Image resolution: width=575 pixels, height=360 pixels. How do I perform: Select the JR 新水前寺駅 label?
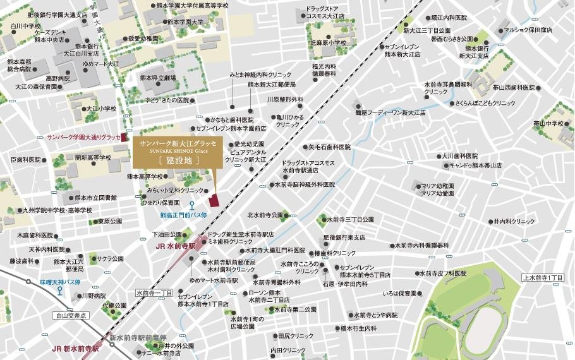click(75, 349)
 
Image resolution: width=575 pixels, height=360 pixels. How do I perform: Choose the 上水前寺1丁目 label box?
click(542, 278)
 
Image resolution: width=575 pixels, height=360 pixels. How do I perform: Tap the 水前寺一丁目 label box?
click(154, 293)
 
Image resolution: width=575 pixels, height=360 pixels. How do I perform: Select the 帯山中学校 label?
click(547, 123)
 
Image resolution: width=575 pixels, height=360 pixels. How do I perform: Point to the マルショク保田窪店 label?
click(527, 30)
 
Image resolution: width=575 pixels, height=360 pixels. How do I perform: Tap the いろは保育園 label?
click(399, 294)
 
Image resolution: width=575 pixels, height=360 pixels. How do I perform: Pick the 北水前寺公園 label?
click(265, 214)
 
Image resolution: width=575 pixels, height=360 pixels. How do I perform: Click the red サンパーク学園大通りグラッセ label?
click(78, 136)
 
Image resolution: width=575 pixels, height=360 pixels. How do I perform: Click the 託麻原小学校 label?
click(328, 43)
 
